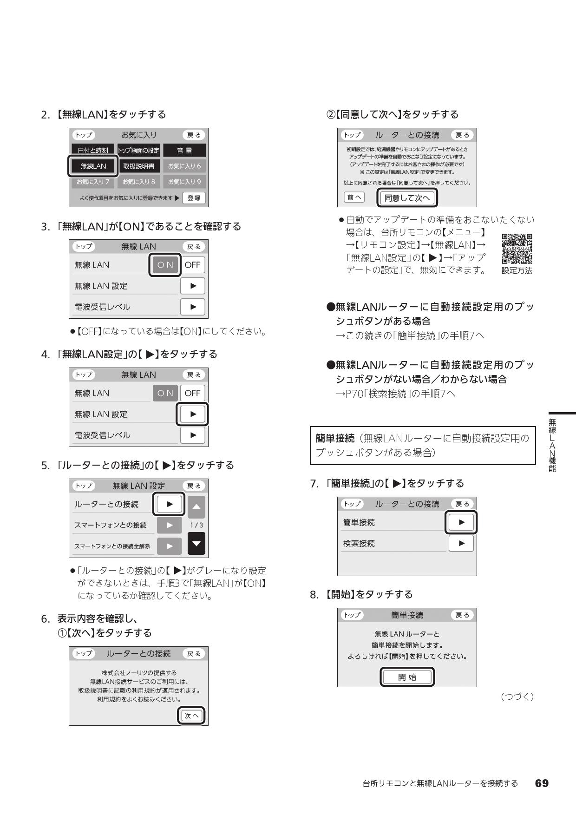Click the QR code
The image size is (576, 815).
coord(517,249)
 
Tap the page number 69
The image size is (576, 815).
coord(542,783)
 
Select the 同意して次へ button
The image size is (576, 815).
coord(407,198)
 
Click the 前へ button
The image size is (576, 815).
coord(354,197)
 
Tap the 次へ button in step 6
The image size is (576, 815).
coord(191,716)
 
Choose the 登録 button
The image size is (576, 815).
coord(194,198)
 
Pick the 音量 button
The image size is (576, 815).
coord(184,151)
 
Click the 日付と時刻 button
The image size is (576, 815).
coord(93,151)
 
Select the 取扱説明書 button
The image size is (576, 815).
coord(138,166)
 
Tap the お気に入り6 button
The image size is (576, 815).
coord(184,166)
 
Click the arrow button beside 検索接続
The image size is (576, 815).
coord(461,543)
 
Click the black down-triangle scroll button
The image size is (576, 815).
coord(196,544)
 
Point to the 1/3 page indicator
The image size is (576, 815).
coord(196,525)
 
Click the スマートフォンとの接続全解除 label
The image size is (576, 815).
coord(112,546)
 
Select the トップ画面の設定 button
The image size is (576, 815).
coord(138,151)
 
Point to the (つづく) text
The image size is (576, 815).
coord(517,697)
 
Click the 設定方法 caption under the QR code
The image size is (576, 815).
coord(517,270)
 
